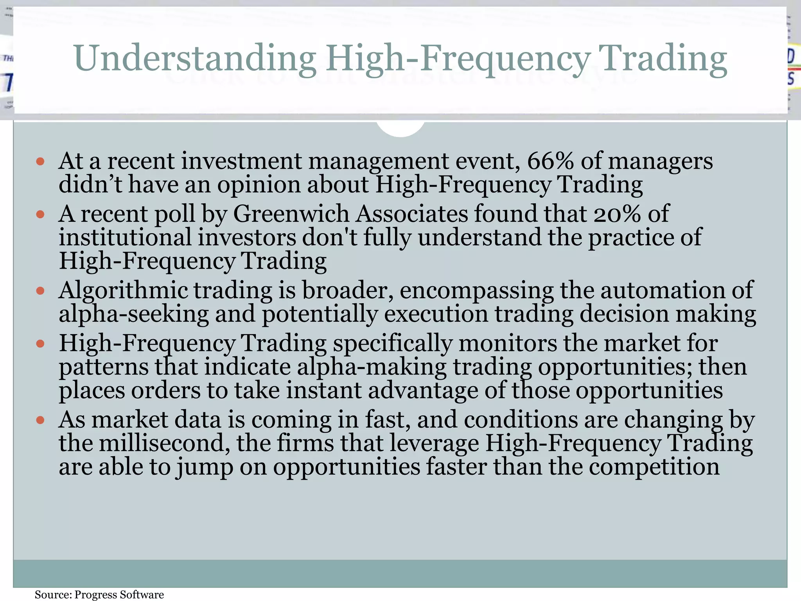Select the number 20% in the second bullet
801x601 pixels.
tap(617, 214)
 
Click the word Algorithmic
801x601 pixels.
tap(123, 291)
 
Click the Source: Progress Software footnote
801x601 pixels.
tap(99, 595)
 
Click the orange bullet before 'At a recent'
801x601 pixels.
tap(40, 161)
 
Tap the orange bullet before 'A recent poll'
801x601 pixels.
tap(40, 214)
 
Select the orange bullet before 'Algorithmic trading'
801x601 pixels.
tap(40, 291)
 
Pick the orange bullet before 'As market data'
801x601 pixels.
tap(40, 420)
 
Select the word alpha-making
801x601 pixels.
tap(372, 367)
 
